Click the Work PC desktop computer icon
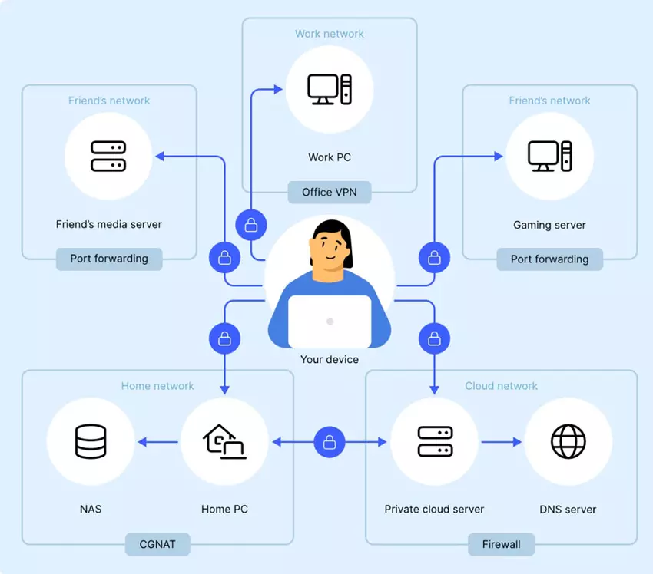[330, 89]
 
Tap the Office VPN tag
[330, 192]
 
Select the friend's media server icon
[108, 156]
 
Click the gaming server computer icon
[549, 157]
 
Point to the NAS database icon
[91, 441]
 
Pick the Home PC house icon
[224, 441]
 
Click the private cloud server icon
[434, 441]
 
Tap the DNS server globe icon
[568, 441]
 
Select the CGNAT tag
[157, 545]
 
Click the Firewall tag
[501, 545]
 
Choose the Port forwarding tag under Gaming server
[549, 259]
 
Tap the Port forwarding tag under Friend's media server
[109, 259]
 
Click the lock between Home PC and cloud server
[330, 442]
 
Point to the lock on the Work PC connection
[250, 225]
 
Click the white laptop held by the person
[330, 321]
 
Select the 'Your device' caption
[330, 359]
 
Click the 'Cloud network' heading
[501, 386]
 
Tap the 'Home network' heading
[157, 386]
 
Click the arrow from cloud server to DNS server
[501, 442]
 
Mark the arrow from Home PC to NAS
[157, 442]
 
